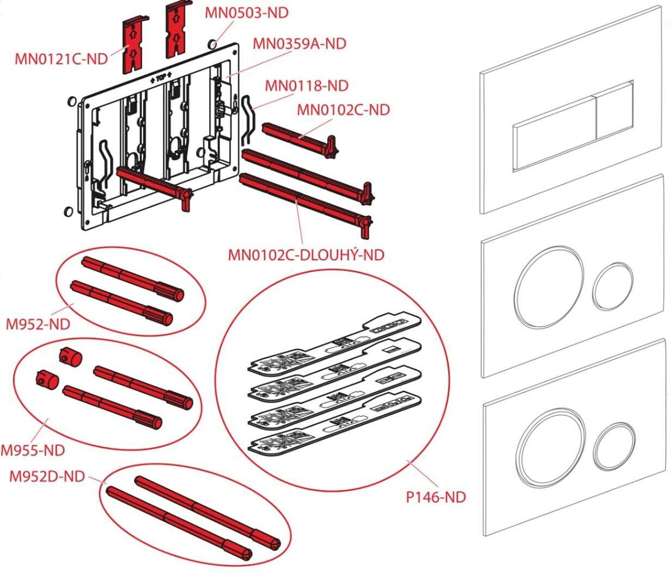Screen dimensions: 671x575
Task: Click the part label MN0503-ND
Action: coord(247,12)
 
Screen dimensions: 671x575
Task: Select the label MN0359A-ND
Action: coord(299,43)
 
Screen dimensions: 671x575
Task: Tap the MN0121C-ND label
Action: coord(61,59)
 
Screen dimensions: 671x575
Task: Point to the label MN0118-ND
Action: coord(307,86)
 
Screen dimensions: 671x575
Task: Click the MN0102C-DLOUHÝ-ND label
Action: coord(306,255)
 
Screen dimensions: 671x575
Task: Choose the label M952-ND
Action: coord(38,324)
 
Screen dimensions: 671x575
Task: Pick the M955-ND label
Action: coord(33,451)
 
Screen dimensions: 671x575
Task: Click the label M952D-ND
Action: coord(47,477)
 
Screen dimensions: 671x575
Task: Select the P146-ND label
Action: coord(436,497)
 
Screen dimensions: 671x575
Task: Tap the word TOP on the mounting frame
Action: coord(161,78)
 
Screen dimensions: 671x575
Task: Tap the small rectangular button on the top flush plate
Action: coord(615,118)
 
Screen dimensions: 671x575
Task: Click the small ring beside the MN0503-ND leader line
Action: coord(212,44)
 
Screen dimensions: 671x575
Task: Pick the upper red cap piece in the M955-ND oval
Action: coord(71,357)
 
